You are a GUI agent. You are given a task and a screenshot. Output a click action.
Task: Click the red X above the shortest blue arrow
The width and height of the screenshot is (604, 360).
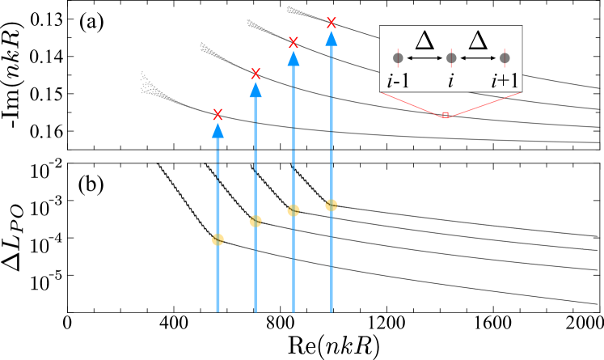[x=218, y=114]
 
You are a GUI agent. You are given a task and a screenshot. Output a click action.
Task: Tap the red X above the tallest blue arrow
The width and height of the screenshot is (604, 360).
[x=331, y=23]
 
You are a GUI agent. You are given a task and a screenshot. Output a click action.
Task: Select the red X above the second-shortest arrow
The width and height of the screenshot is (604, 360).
[x=256, y=74]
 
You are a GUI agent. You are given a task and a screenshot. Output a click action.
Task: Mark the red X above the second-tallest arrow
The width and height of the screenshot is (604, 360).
[x=294, y=42]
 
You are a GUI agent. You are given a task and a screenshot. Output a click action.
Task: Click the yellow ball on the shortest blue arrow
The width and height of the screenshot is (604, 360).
[x=218, y=239]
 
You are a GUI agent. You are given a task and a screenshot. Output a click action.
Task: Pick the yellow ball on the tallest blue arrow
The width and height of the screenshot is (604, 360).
[x=331, y=205]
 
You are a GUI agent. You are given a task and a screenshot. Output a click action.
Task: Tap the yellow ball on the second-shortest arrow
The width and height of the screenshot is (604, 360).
[x=256, y=221]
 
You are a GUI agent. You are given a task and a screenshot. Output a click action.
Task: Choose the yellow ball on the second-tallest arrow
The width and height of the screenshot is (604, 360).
[x=294, y=210]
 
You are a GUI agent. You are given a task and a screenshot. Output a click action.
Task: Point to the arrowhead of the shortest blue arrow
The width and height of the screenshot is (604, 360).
[x=218, y=130]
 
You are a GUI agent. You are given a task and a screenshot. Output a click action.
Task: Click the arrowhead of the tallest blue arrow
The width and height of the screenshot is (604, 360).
[x=331, y=39]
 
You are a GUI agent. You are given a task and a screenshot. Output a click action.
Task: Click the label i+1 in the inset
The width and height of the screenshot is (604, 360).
[x=505, y=81]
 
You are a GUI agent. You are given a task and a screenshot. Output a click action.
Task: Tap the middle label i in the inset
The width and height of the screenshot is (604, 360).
[x=451, y=81]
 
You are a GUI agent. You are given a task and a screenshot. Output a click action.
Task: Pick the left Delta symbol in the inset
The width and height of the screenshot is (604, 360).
[x=424, y=40]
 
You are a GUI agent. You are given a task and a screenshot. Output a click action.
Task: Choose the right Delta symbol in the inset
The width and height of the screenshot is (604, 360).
[x=478, y=40]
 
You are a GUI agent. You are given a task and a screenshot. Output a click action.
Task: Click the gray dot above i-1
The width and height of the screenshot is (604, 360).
[x=398, y=58]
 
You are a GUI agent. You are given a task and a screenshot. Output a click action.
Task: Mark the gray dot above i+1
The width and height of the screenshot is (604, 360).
[x=505, y=58]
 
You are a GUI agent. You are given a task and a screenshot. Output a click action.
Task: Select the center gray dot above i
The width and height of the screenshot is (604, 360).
[x=451, y=58]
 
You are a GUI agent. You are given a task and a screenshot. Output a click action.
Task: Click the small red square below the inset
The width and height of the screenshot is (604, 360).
[x=446, y=115]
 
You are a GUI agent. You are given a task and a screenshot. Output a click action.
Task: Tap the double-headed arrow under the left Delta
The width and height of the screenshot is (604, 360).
[x=424, y=58]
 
